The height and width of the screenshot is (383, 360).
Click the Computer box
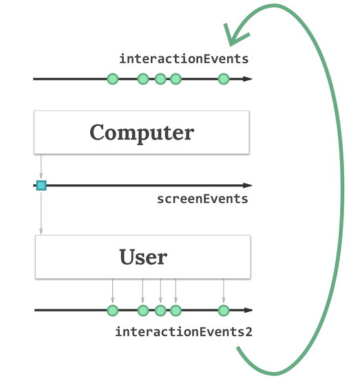[x=142, y=132]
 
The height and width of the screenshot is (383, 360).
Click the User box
[x=142, y=256]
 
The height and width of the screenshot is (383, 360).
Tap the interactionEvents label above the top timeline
[x=184, y=59]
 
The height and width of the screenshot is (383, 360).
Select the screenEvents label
[x=202, y=199]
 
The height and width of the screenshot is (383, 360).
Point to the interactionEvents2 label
[x=184, y=332]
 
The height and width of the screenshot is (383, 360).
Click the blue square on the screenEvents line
[x=41, y=186]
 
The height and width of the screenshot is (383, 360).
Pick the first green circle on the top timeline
[x=113, y=79]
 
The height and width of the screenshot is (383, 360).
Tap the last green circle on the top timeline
[x=224, y=79]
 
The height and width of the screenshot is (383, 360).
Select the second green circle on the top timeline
[x=143, y=79]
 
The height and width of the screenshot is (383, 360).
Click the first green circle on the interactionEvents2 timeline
[x=113, y=310]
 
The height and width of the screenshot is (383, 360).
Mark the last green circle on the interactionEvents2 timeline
[x=224, y=310]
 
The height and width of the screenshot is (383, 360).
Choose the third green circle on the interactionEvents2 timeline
[x=160, y=310]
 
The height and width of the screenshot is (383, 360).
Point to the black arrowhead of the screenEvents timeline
[x=248, y=186]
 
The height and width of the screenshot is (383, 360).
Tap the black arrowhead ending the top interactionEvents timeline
[x=248, y=79]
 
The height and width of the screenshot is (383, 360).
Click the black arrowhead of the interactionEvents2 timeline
[x=248, y=310]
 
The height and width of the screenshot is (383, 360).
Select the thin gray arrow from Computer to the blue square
[x=41, y=166]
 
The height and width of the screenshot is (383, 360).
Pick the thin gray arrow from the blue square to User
[x=41, y=212]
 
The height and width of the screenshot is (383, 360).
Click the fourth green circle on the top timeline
[x=176, y=79]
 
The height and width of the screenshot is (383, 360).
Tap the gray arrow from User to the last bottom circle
[x=224, y=291]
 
